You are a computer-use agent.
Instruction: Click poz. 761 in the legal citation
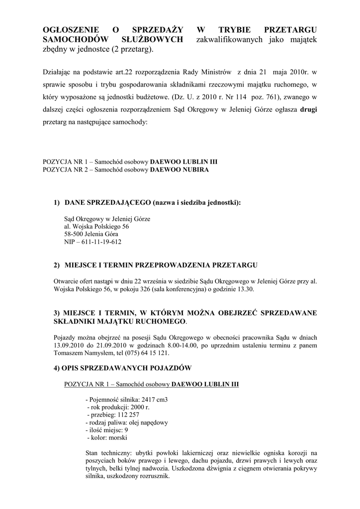pyautogui.click(x=255, y=98)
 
